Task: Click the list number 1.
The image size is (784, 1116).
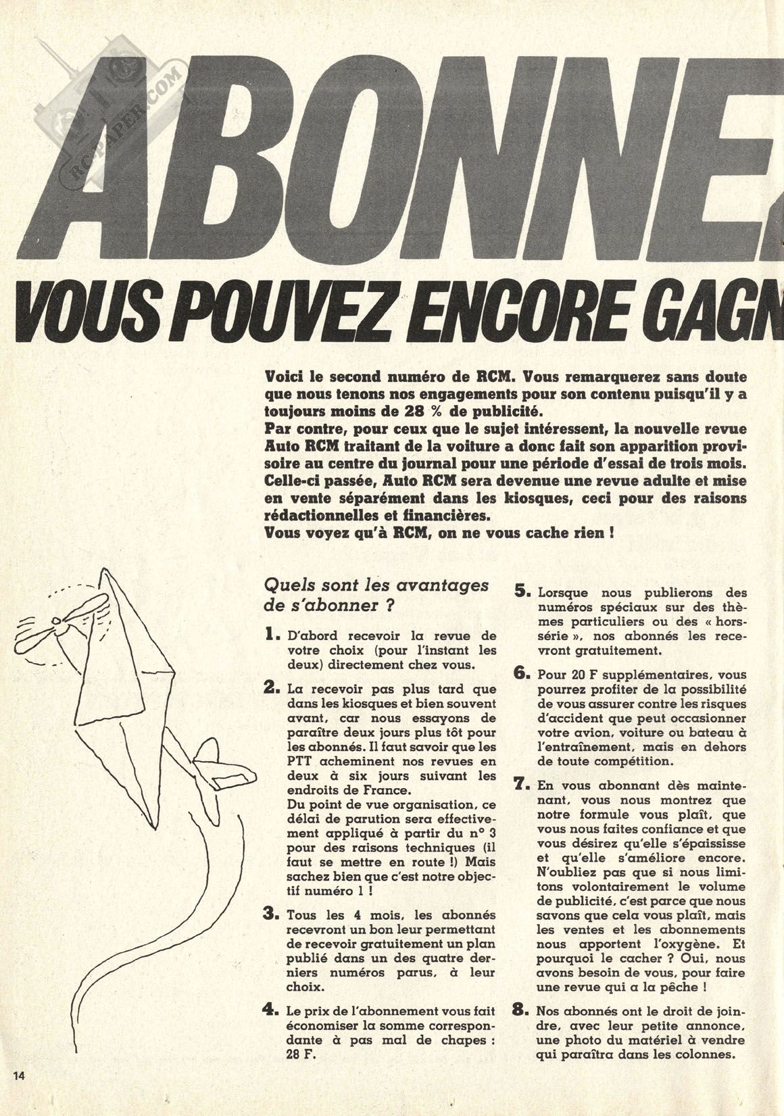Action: click(272, 635)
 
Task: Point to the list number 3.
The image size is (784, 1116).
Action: click(272, 915)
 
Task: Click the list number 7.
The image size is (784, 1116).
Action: click(523, 787)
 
